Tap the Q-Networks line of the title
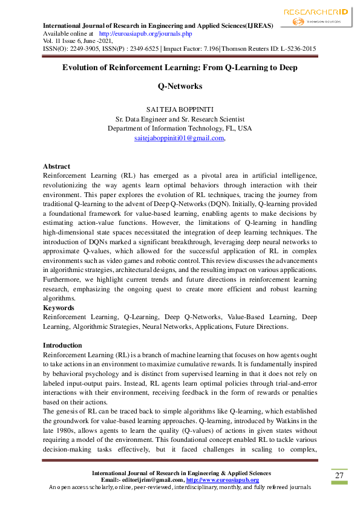pyautogui.click(x=180, y=86)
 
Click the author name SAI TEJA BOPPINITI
pyautogui.click(x=180, y=109)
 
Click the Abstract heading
pyautogui.click(x=56, y=166)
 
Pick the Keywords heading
pyautogui.click(x=59, y=308)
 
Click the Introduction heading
pyautogui.click(x=62, y=345)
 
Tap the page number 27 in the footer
pyautogui.click(x=339, y=475)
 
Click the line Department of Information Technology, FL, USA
pyautogui.click(x=180, y=129)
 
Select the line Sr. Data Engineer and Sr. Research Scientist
pyautogui.click(x=180, y=119)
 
